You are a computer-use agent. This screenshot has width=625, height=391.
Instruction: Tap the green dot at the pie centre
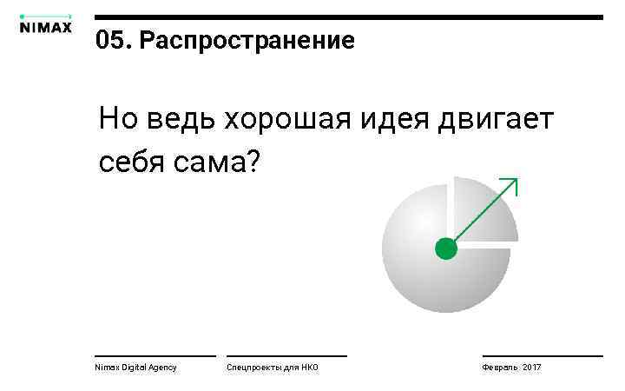click(x=445, y=249)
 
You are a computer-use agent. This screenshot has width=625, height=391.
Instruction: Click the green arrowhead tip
click(x=516, y=180)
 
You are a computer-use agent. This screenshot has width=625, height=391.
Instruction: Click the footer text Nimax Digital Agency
click(x=135, y=368)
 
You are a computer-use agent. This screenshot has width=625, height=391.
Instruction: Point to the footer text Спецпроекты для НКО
click(x=272, y=368)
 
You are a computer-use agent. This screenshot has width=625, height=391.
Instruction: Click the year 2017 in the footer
click(x=531, y=368)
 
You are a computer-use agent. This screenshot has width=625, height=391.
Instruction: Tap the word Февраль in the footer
click(x=500, y=368)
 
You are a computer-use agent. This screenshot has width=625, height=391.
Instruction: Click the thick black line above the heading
click(x=347, y=17)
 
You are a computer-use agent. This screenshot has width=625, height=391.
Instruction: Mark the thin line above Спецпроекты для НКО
click(x=286, y=355)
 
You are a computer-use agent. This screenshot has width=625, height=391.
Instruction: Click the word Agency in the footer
click(x=161, y=368)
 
